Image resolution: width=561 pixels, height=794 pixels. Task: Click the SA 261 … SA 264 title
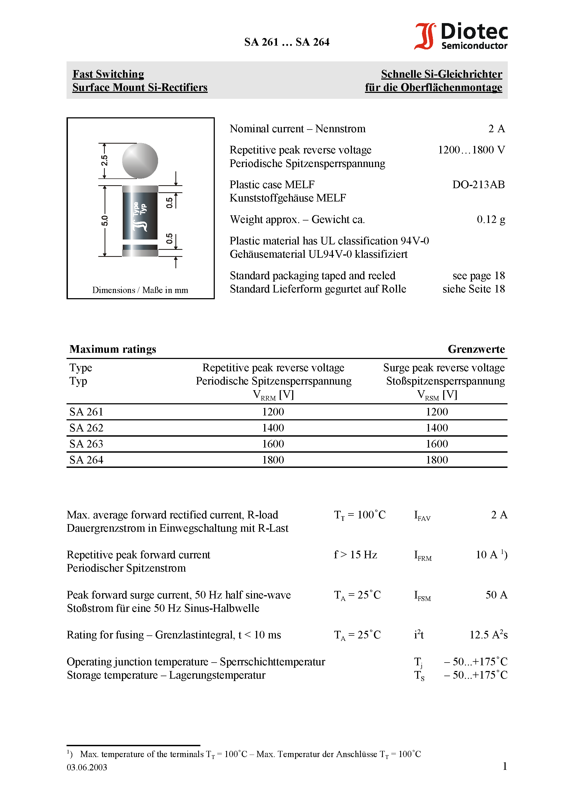coord(286,42)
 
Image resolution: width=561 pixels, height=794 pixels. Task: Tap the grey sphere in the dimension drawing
coord(140,161)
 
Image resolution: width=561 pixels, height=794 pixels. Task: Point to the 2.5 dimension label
coord(104,160)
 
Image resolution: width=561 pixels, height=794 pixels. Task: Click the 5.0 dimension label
coord(105,221)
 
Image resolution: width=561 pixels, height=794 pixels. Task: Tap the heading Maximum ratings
coord(113,349)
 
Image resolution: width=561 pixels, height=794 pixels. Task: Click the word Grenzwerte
coord(476,349)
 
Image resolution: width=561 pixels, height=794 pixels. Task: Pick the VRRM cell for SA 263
coord(273,444)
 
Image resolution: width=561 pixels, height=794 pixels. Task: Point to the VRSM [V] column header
coord(437,395)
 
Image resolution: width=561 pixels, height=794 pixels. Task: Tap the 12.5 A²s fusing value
coord(488,635)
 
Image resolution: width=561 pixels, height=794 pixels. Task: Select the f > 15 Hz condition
coord(355,555)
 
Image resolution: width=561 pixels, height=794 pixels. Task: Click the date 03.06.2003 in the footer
coord(87,767)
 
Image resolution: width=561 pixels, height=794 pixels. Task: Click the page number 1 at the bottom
coord(505,766)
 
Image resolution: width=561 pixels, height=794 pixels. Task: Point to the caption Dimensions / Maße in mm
coord(140,290)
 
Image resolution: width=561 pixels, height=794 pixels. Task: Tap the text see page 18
coord(478,276)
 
